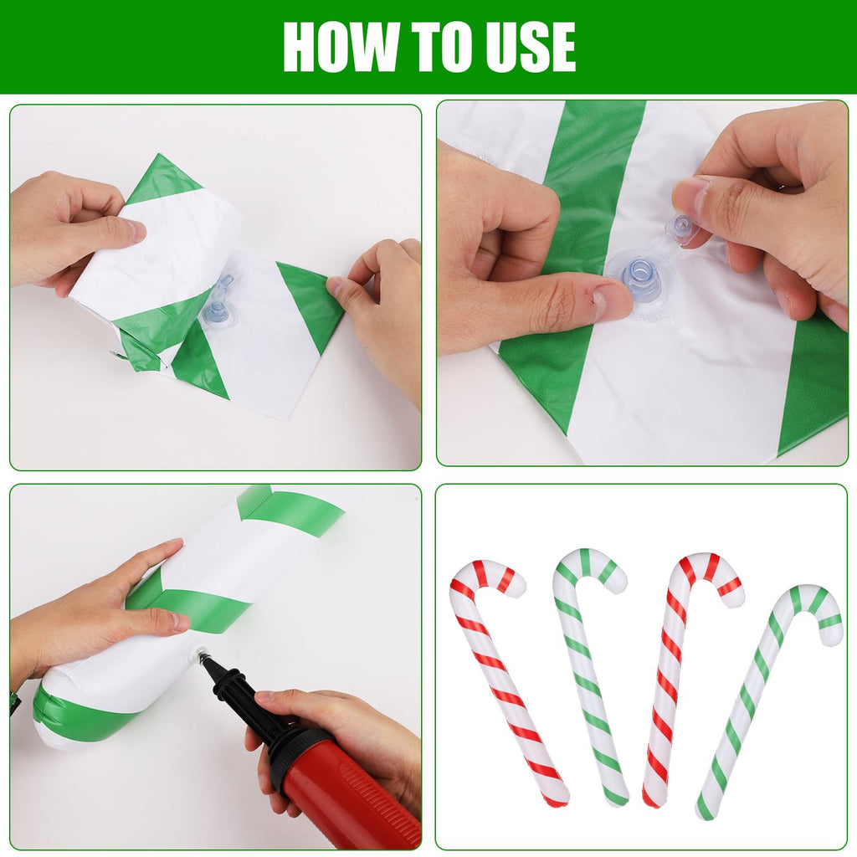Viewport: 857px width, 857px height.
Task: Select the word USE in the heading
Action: click(x=534, y=46)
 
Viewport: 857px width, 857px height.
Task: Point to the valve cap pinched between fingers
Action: click(x=683, y=227)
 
